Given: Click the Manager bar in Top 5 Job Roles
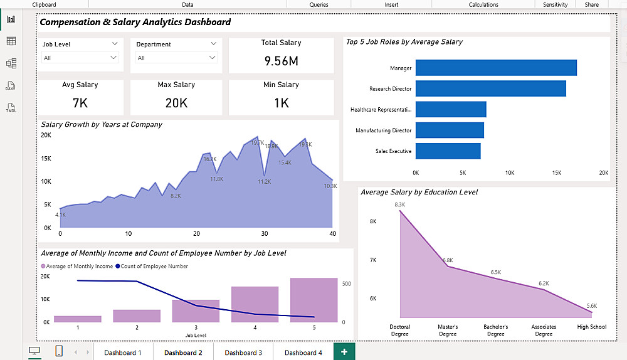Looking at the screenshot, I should click(x=495, y=68).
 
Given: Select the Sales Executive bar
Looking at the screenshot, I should click(x=448, y=151).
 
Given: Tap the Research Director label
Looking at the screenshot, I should click(x=390, y=89).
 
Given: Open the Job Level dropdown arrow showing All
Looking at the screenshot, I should click(x=113, y=58).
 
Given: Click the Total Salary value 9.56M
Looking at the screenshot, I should click(x=281, y=61).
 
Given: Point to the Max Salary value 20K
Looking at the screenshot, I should click(x=176, y=103).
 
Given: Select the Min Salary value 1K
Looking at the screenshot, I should click(x=281, y=103).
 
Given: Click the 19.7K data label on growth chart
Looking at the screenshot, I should click(x=258, y=142).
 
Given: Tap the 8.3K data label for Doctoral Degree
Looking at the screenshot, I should click(x=400, y=204).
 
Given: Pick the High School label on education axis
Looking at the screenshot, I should click(x=592, y=327).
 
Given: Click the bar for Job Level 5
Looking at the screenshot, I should click(x=314, y=300).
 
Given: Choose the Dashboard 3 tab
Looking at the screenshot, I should click(x=243, y=352).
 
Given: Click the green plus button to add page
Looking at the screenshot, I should click(x=344, y=352).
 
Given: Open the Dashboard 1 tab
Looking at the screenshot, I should click(x=123, y=352).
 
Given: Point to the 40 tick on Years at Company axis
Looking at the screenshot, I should click(x=332, y=234).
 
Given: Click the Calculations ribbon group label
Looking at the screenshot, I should click(x=483, y=4).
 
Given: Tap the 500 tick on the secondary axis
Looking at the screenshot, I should click(x=345, y=283).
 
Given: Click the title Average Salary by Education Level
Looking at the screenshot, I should click(x=419, y=193).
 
